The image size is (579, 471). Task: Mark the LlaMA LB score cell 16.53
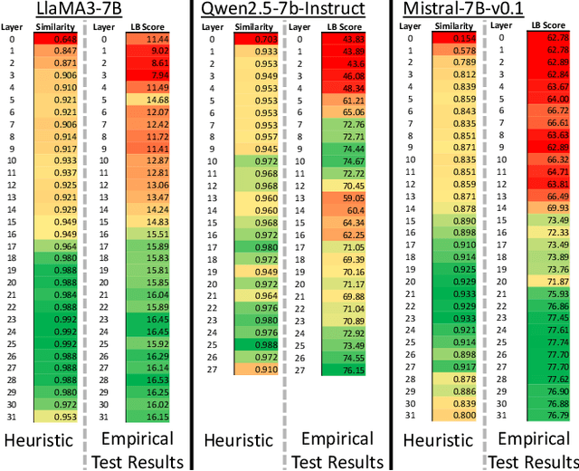point(150,381)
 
